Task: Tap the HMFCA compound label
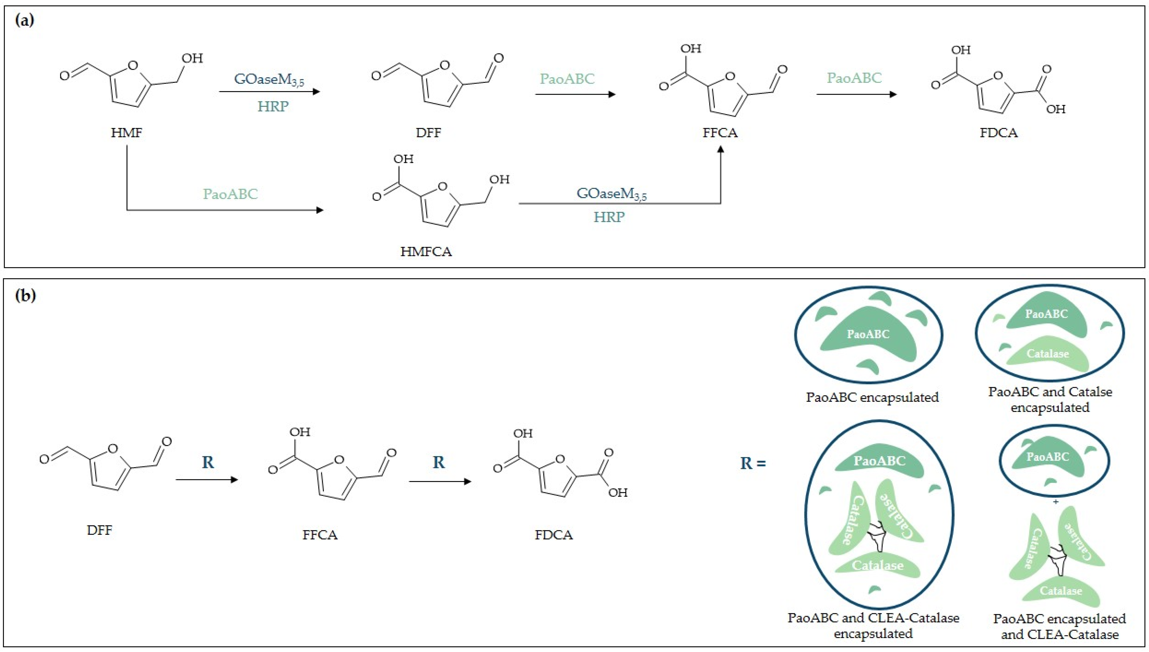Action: coord(426,252)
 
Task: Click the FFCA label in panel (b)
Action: coord(320,535)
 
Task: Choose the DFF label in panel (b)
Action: coord(100,530)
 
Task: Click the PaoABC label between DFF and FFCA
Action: coord(567,79)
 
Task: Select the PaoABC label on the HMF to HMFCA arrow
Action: coord(230,194)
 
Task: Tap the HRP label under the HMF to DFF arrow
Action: coord(273,106)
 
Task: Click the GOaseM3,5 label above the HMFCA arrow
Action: coord(611,194)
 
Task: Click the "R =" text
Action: coord(753,463)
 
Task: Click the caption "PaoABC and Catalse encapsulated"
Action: coord(1050,400)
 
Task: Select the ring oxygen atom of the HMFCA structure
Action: coord(443,186)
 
